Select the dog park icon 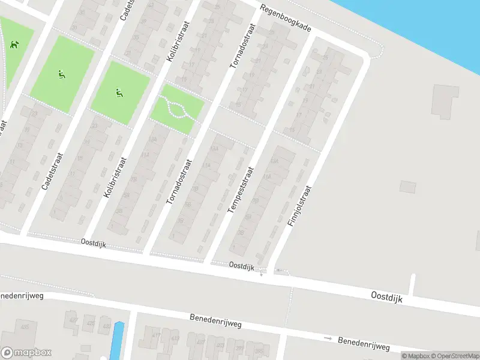pos(13,44)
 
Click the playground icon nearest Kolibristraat pos(119,93)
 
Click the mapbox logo pos(26,353)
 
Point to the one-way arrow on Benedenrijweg pos(328,339)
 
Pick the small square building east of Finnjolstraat pos(407,187)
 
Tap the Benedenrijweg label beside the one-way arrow pos(364,344)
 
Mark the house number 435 pos(26,328)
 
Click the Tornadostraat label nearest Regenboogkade pos(242,44)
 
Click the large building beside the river pos(445,101)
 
